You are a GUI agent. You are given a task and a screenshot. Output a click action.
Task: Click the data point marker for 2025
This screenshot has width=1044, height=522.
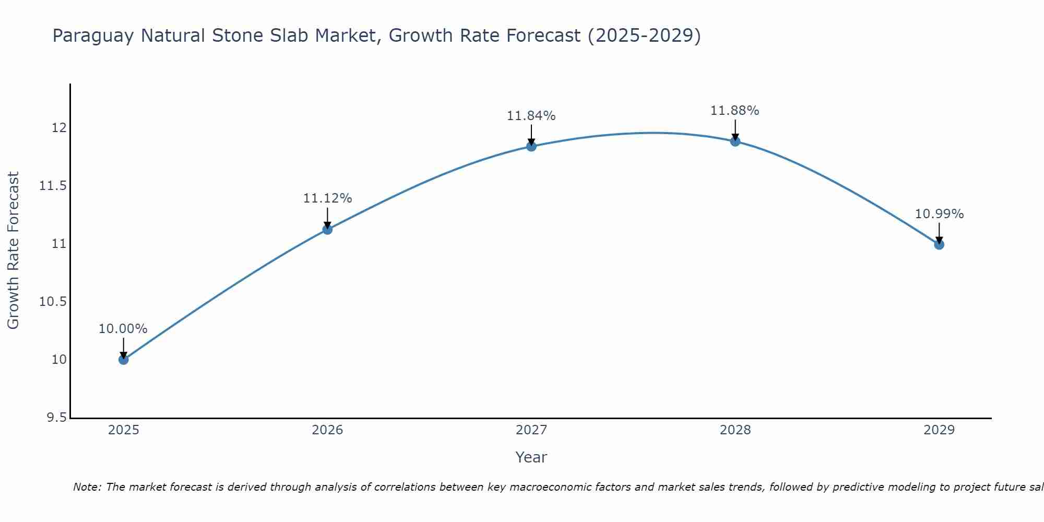click(x=123, y=359)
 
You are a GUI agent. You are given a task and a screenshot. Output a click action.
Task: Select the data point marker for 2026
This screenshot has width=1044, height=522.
click(x=327, y=229)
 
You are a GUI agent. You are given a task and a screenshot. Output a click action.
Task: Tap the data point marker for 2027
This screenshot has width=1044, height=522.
click(x=531, y=146)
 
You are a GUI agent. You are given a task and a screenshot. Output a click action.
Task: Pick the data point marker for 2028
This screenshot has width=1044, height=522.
click(x=735, y=141)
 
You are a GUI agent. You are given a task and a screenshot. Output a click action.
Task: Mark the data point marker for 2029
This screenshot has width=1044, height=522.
click(x=939, y=244)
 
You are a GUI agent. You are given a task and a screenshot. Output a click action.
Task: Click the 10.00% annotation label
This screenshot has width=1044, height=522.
click(x=123, y=329)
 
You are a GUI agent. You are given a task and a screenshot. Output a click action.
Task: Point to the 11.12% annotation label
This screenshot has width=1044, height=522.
click(x=327, y=198)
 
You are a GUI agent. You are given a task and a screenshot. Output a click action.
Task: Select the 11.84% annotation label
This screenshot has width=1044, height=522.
click(x=531, y=116)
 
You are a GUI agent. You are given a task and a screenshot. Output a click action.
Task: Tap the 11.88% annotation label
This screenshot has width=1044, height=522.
click(x=735, y=111)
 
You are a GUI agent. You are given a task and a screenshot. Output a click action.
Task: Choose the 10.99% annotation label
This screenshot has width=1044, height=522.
click(x=939, y=214)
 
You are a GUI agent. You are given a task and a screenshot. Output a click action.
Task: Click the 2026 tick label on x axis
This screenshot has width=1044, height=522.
click(x=327, y=430)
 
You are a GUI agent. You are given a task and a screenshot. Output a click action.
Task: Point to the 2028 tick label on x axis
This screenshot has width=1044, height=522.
click(x=735, y=430)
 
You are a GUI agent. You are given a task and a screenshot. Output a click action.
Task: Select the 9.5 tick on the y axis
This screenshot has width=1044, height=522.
click(x=56, y=418)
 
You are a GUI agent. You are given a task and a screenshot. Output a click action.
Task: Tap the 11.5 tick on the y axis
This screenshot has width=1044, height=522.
click(x=53, y=186)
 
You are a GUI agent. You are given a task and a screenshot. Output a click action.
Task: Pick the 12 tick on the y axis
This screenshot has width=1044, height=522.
click(x=59, y=128)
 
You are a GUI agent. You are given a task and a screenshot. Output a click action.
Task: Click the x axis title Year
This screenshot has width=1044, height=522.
click(x=531, y=457)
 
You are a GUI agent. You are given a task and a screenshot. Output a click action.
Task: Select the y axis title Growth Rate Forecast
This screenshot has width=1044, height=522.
click(x=14, y=251)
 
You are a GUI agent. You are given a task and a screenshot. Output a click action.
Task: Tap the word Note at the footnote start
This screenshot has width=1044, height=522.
click(x=87, y=487)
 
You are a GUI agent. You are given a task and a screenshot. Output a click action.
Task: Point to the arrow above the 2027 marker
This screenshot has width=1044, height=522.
click(x=531, y=135)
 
